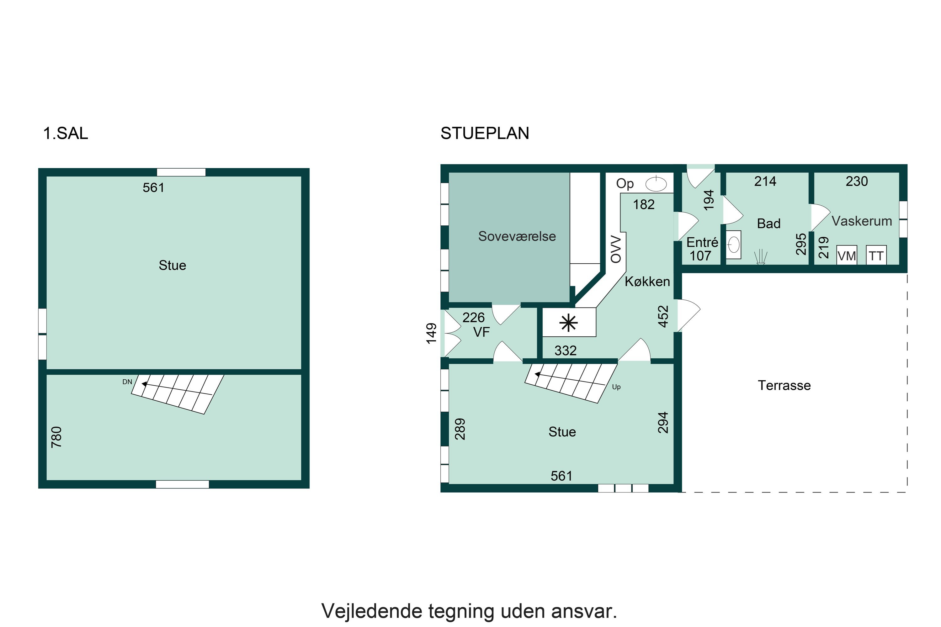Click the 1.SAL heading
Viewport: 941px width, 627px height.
coord(65,133)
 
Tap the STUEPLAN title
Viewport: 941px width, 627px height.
coord(485,133)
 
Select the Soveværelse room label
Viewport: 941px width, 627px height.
coord(517,236)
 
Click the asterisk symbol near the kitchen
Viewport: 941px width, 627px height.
coord(568,323)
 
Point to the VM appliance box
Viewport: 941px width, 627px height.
coord(847,256)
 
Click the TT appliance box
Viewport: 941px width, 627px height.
coord(876,256)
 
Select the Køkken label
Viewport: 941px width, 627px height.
coord(647,282)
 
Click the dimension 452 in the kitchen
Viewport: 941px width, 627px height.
coord(663,317)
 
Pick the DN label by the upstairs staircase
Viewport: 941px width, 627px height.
coord(127,382)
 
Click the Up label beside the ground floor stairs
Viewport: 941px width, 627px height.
coord(616,387)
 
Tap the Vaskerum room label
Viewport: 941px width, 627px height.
coord(862,221)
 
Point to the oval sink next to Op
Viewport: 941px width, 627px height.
coord(656,184)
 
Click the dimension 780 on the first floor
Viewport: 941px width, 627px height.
coord(56,437)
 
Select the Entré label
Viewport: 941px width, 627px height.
coord(702,242)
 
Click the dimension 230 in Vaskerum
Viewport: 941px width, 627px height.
coord(857,182)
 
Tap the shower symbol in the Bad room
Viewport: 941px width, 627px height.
coord(760,257)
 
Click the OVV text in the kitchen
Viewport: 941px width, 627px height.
coord(616,250)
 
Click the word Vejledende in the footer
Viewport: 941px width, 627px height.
coord(372,611)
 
